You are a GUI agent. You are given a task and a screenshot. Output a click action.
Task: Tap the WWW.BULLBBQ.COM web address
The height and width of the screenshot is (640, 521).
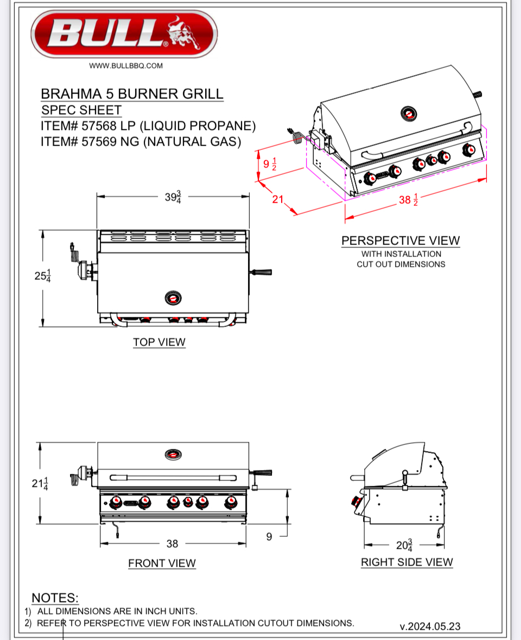tap(126, 66)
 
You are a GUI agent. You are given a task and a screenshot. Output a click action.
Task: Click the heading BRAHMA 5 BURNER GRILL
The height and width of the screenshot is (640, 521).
tap(132, 94)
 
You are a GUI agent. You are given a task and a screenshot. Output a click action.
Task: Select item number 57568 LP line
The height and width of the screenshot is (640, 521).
tap(148, 126)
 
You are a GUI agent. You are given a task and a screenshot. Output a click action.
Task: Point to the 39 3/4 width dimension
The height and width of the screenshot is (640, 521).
tap(173, 197)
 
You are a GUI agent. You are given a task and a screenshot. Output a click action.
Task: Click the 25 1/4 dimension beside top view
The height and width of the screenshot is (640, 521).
tap(43, 276)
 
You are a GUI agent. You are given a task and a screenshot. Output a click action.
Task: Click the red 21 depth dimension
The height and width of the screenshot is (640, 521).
tap(278, 199)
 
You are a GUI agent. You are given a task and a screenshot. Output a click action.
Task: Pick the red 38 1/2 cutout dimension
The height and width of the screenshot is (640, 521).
tap(408, 200)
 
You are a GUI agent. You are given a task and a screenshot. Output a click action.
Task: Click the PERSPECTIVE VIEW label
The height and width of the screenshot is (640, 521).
tap(401, 241)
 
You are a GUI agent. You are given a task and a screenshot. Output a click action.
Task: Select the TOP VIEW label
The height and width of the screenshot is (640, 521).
tap(159, 342)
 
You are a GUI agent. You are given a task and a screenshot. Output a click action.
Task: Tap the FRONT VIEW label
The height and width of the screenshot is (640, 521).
tap(162, 563)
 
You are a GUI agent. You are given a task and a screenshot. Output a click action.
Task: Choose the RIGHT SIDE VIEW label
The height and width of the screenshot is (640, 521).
tap(406, 562)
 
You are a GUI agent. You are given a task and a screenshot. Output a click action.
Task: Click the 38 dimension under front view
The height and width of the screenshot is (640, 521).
tap(172, 543)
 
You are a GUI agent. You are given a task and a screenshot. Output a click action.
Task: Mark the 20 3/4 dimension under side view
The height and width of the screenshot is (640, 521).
tap(404, 544)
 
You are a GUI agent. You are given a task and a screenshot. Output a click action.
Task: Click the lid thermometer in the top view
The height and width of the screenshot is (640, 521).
tap(173, 297)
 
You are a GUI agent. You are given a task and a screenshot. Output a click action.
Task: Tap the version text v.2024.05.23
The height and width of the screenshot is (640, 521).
tap(430, 626)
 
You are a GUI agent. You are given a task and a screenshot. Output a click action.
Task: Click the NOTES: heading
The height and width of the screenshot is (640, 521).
tap(55, 598)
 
